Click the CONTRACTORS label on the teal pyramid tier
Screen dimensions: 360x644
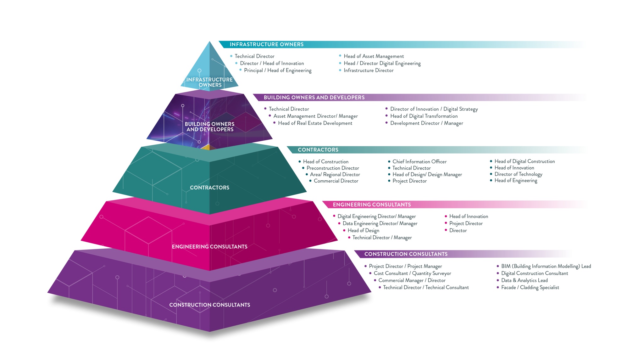pos(209,188)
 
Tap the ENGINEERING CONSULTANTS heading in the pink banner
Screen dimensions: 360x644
pos(372,205)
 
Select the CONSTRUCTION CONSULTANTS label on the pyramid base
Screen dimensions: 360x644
pos(209,305)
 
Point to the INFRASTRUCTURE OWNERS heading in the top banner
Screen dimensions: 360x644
pos(267,44)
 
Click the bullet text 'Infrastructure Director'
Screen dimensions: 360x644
pos(369,70)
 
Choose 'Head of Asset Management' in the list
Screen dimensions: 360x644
pos(374,56)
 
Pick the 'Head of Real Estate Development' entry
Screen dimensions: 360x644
pos(315,123)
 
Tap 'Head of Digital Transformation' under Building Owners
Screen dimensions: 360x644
pos(424,116)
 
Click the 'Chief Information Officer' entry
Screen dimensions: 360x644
pos(419,161)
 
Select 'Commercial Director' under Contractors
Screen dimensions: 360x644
pos(336,181)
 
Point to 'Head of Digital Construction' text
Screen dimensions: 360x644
pos(525,161)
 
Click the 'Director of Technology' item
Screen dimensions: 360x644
pos(518,174)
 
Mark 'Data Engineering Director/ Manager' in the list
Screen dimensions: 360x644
pos(380,223)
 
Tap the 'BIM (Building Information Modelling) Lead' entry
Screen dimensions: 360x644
pos(546,266)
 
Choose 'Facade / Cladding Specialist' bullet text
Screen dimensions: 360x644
pos(530,287)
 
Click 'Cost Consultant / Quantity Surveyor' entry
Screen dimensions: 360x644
pos(412,273)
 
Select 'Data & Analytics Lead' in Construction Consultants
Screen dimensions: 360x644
pos(525,280)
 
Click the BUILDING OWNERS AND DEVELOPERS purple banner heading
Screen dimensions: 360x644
pos(314,98)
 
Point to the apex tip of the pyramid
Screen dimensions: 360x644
pos(210,41)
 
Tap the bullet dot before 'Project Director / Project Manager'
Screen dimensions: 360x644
pos(365,266)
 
